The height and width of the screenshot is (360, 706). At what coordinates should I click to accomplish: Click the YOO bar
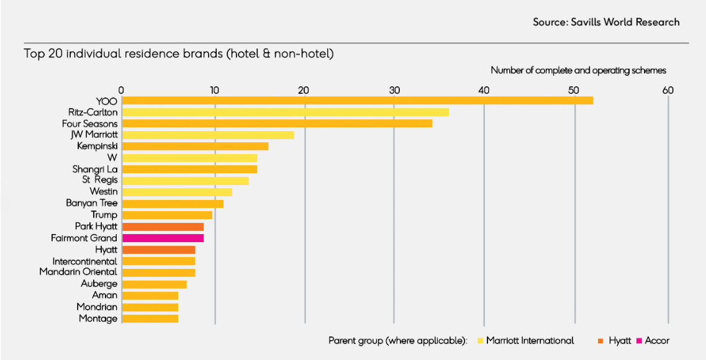coord(357,101)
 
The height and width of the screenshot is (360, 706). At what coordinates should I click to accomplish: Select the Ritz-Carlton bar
coord(285,112)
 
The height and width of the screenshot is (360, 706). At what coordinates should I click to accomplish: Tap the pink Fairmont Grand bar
coord(163,238)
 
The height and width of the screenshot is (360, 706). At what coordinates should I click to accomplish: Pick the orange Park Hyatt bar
coord(163,227)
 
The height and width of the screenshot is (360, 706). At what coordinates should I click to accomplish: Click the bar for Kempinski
coord(195,146)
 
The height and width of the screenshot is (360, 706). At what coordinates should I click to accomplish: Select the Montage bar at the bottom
coord(150,318)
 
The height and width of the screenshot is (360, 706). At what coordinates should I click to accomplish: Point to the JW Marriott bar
coord(207,135)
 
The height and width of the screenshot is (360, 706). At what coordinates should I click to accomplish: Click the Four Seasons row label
coord(90,124)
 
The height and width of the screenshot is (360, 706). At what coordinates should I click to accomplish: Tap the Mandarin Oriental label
coord(78,272)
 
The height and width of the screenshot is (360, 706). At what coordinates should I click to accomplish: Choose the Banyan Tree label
coord(92,203)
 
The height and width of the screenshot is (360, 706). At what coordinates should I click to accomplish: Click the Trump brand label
coord(104,215)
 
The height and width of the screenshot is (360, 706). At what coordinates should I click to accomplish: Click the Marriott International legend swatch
coord(480,341)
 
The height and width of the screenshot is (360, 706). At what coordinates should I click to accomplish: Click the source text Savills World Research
coord(606,22)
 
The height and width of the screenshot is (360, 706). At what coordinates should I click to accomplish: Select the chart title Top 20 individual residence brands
coord(179,54)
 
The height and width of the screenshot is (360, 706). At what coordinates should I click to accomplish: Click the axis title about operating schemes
coord(578,71)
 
